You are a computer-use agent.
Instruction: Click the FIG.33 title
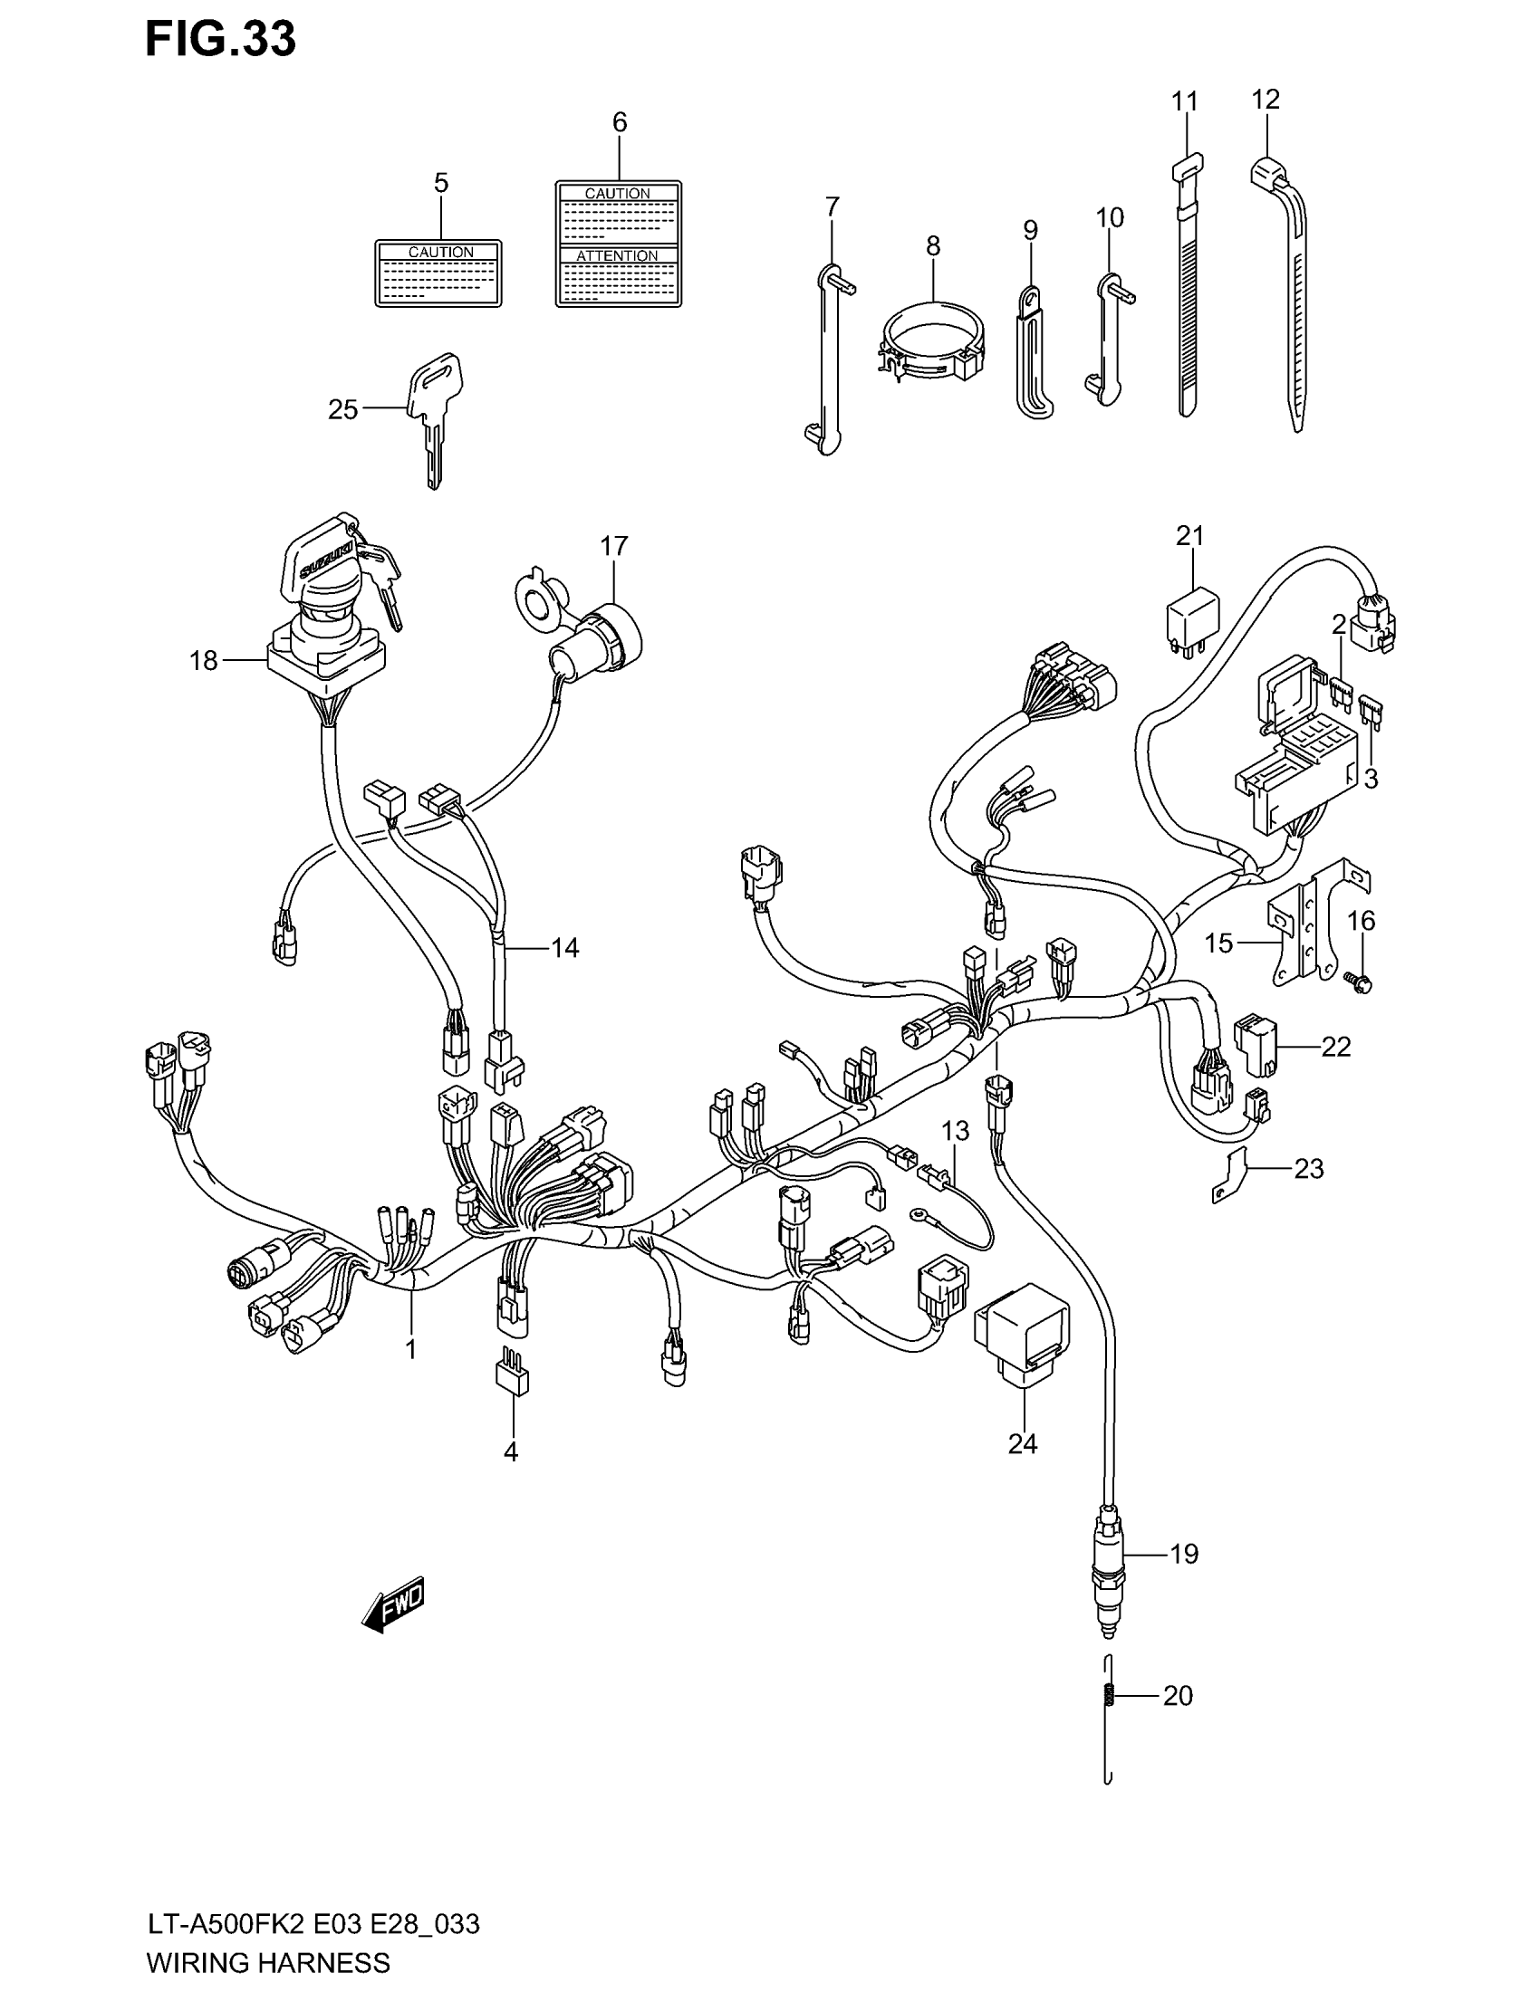tap(221, 40)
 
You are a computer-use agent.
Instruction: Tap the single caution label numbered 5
tap(438, 273)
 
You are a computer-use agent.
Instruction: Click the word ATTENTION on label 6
tap(618, 255)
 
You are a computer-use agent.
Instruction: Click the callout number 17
tap(614, 545)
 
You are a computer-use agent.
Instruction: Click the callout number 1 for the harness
tap(410, 1349)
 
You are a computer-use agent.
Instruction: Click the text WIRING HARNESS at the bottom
tap(268, 1962)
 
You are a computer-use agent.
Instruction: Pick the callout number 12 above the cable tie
tap(1266, 99)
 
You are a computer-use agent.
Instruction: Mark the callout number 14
tap(564, 948)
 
